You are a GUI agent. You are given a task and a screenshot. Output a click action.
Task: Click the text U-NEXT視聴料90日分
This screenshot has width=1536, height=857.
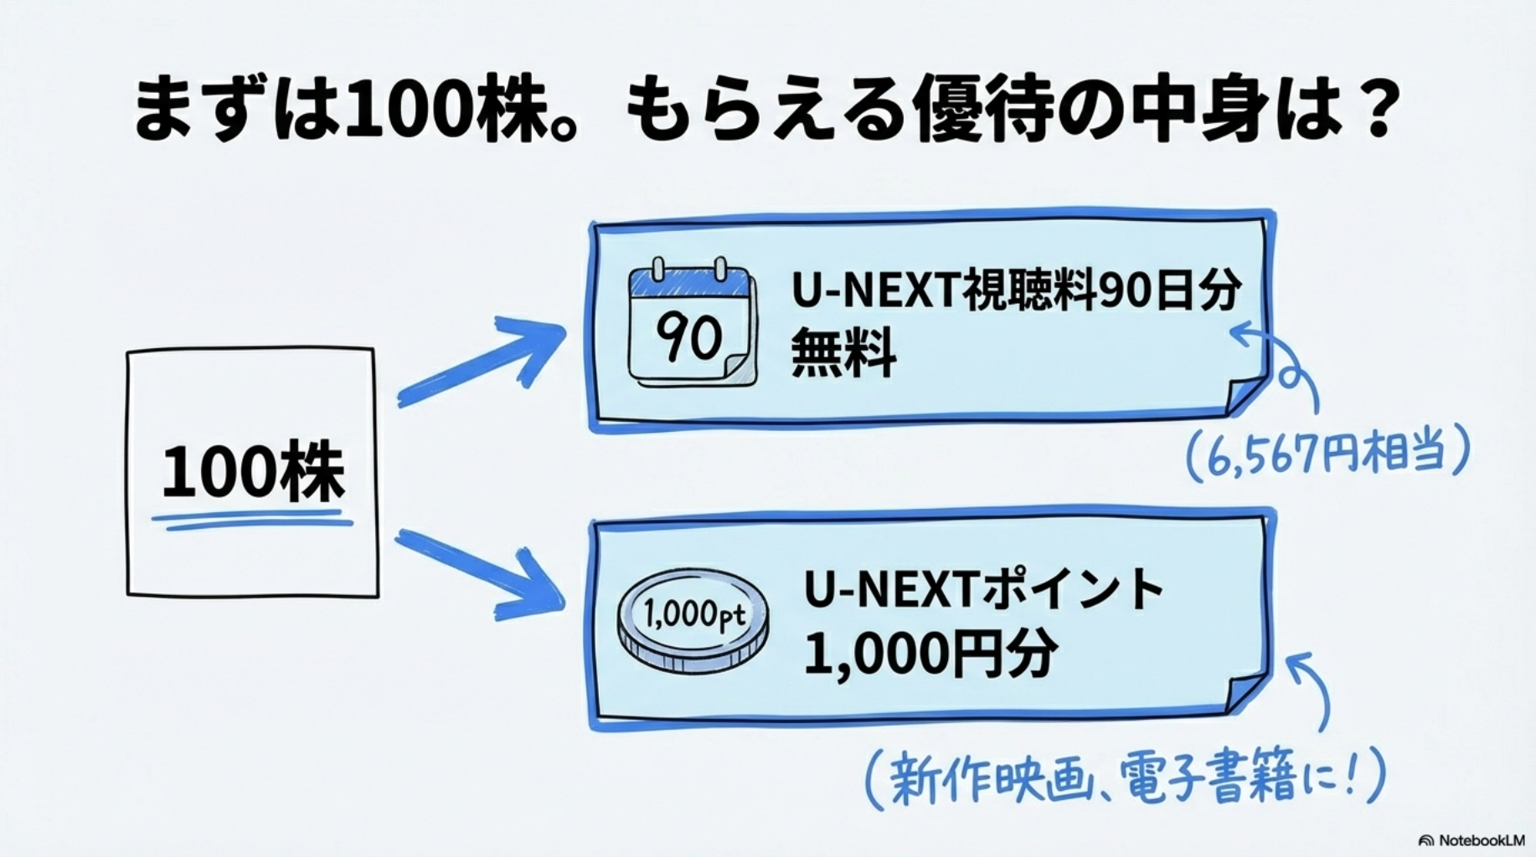[x=1016, y=291]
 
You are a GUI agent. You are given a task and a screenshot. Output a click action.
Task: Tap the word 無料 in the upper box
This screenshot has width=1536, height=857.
[x=843, y=353]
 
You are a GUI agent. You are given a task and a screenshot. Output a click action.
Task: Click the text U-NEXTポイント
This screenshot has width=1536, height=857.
[x=983, y=589]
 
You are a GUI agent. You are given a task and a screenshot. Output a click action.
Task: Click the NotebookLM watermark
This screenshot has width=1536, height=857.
[x=1472, y=840]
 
